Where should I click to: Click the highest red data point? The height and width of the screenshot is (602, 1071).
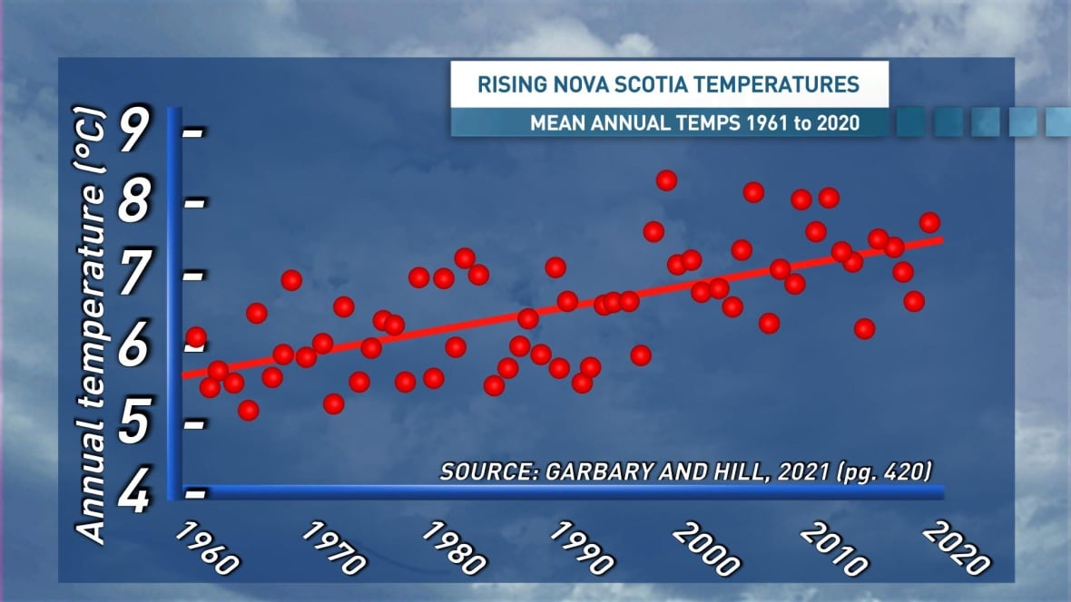tap(666, 180)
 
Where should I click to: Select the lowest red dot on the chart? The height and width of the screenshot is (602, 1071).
tap(249, 411)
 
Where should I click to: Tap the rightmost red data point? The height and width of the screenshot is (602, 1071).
tap(929, 223)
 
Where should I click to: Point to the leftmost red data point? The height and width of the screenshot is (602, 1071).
tap(196, 337)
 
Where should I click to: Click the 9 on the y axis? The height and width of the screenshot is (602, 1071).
tap(133, 132)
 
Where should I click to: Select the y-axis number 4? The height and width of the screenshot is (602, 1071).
tap(133, 495)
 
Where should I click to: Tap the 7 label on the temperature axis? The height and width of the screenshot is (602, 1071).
tap(133, 276)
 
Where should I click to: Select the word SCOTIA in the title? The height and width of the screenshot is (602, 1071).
tap(654, 85)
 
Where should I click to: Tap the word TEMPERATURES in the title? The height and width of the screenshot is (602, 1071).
tap(781, 85)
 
